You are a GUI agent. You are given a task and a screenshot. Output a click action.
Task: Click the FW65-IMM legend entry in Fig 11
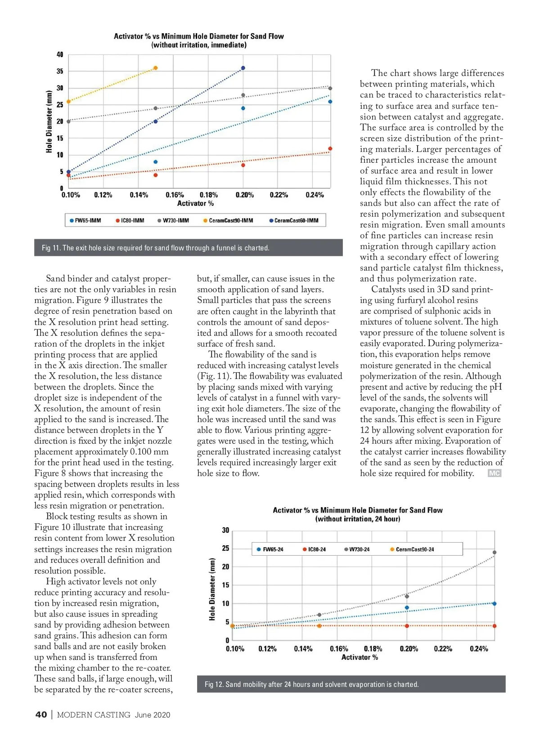[85, 221]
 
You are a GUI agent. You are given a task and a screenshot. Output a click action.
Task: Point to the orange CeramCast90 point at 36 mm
[156, 68]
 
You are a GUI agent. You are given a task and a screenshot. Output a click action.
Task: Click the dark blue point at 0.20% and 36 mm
[243, 68]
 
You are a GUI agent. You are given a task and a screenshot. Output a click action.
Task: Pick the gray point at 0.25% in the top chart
[330, 89]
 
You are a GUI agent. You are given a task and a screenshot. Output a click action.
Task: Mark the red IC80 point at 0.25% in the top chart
[330, 148]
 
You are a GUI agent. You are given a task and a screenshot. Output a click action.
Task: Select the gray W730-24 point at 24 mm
[495, 552]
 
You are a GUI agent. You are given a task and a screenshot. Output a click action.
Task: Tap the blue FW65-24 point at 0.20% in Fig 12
[407, 607]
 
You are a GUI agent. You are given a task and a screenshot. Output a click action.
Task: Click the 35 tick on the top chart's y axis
[60, 71]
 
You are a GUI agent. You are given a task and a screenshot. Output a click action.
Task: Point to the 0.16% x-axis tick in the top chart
[175, 195]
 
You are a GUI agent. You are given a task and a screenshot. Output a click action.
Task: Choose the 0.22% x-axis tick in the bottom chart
[443, 649]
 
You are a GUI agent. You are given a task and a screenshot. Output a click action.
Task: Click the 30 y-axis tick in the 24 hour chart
[225, 530]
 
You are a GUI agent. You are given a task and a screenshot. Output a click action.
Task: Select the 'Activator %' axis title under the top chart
[195, 204]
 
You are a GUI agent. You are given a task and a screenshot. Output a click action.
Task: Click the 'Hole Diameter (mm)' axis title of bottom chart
[212, 589]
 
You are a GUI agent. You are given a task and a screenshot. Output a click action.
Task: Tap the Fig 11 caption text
[156, 248]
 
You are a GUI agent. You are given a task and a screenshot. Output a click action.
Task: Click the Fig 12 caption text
[311, 684]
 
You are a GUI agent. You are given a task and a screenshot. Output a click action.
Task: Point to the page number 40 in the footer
[41, 715]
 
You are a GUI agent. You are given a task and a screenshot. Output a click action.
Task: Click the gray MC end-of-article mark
[494, 473]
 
